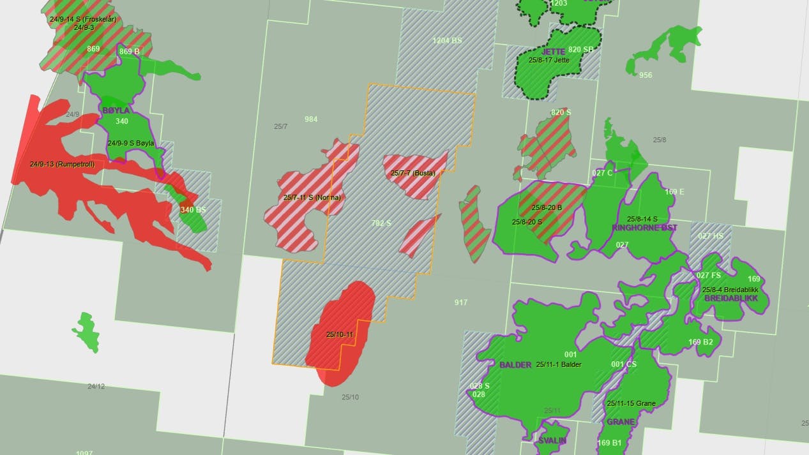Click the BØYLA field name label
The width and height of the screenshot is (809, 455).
116,110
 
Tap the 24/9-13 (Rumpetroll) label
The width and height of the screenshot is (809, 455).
62,164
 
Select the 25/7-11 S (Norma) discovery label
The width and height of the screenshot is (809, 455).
312,198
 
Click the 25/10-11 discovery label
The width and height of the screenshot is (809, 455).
340,334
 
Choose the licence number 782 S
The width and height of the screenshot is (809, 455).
381,223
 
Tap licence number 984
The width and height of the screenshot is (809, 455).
311,119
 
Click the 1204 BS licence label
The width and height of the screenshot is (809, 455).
447,40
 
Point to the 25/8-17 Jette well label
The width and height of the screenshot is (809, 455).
548,60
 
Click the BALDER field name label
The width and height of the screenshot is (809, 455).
515,365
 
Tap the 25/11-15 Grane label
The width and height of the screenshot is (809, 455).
631,403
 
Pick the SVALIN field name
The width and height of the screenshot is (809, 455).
552,441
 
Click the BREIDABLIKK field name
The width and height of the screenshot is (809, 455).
730,298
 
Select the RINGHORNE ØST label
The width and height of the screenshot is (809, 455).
644,227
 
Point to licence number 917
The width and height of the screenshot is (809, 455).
461,302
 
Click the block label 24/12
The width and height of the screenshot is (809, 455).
96,386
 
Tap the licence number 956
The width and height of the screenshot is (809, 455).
646,75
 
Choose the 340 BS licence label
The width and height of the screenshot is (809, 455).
193,209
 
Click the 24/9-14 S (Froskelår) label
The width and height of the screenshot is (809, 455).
83,19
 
